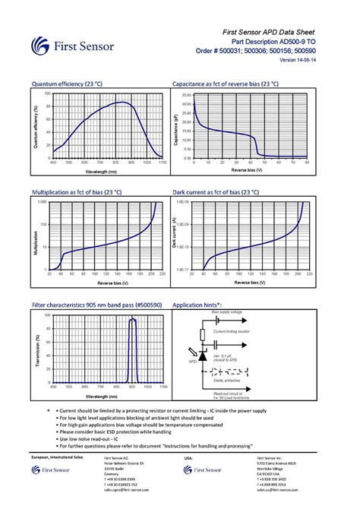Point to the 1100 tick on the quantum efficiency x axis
[x=162, y=162]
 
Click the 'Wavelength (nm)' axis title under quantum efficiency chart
[x=107, y=171]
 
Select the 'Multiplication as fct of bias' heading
[x=77, y=194]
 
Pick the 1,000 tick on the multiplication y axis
[x=43, y=203]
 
